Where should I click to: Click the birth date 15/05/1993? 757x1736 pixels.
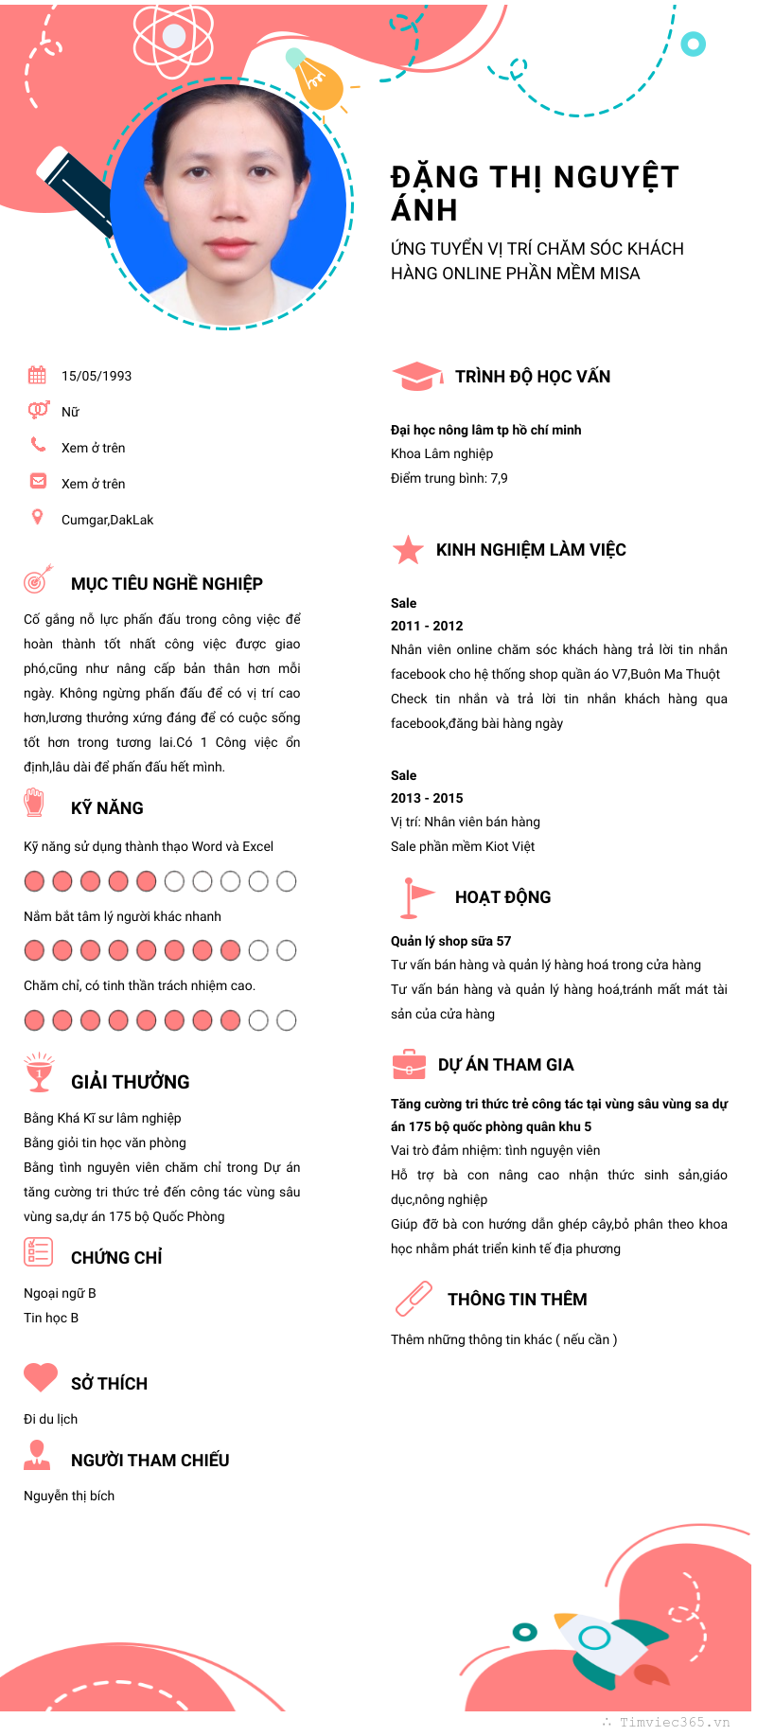97,376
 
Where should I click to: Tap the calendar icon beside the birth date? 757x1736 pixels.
37,375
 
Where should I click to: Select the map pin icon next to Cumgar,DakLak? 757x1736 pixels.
37,517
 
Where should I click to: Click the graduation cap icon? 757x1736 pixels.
416,376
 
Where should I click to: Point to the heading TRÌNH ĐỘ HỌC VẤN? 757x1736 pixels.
533,377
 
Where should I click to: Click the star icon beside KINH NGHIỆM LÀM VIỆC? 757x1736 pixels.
408,549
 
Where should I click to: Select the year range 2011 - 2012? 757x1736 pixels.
427,626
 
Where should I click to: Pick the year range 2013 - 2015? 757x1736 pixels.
427,798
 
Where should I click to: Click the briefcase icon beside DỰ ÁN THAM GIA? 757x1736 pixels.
409,1065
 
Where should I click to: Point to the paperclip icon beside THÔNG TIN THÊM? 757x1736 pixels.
414,1299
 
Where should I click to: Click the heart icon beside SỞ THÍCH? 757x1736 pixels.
41,1377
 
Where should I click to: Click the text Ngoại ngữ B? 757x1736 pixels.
60,1293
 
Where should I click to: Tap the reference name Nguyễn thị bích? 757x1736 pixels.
69,1496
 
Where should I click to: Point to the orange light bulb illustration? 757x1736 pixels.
317,80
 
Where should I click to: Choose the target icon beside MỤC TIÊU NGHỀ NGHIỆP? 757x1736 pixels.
37,579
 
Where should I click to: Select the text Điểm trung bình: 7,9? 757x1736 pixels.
449,478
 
